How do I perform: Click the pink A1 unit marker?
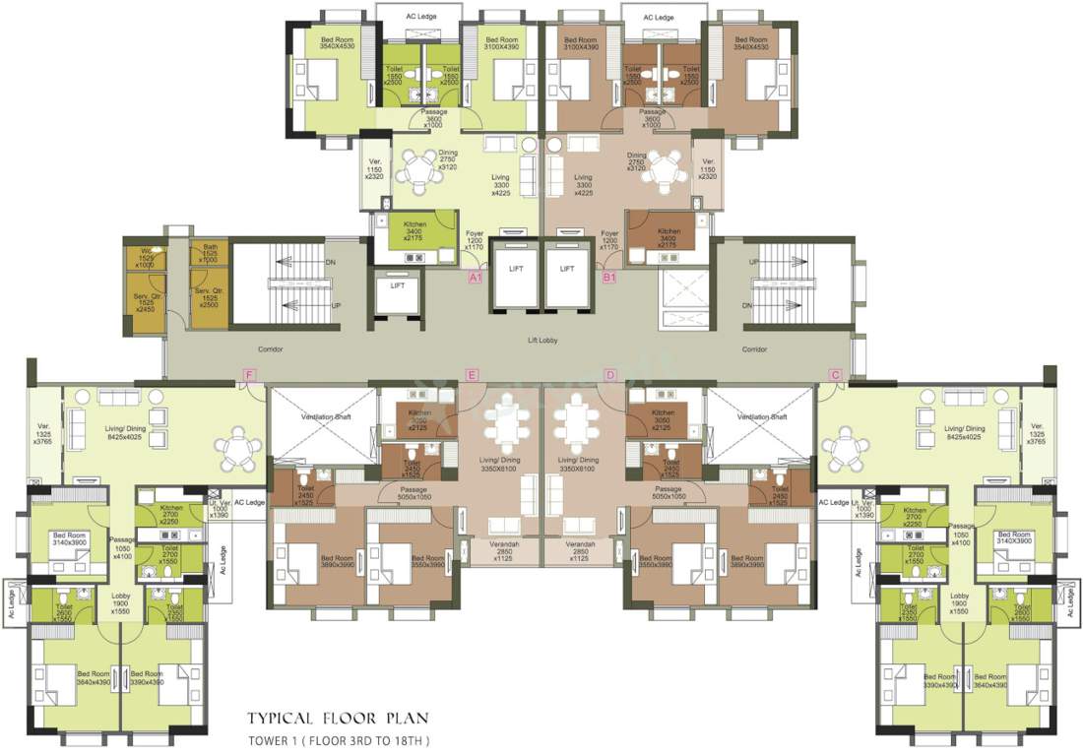pyautogui.click(x=475, y=279)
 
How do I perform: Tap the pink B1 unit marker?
pyautogui.click(x=609, y=279)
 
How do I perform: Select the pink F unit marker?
pyautogui.click(x=250, y=375)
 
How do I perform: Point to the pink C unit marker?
pyautogui.click(x=835, y=375)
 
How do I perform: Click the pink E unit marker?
pyautogui.click(x=473, y=375)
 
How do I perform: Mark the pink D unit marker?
pyautogui.click(x=610, y=375)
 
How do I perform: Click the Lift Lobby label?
pyautogui.click(x=543, y=342)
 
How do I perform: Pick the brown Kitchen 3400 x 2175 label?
pyautogui.click(x=669, y=234)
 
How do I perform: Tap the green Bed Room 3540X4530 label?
pyautogui.click(x=331, y=41)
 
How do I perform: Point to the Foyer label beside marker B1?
pyautogui.click(x=610, y=240)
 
